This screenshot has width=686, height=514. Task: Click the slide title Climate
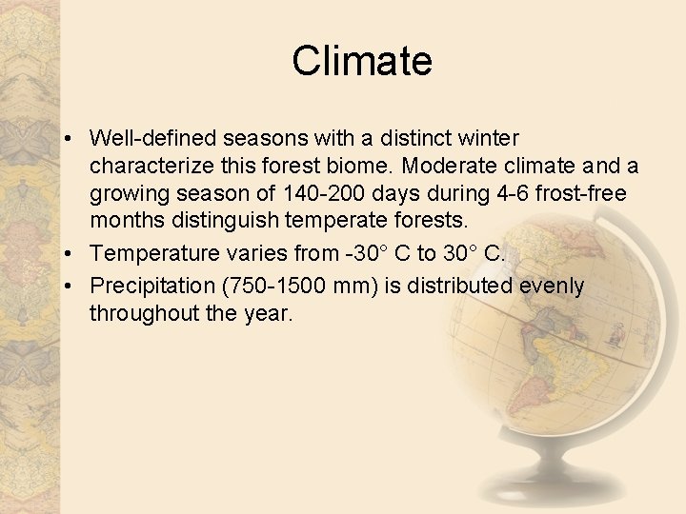coord(362,61)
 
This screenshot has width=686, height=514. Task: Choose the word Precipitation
coord(152,286)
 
